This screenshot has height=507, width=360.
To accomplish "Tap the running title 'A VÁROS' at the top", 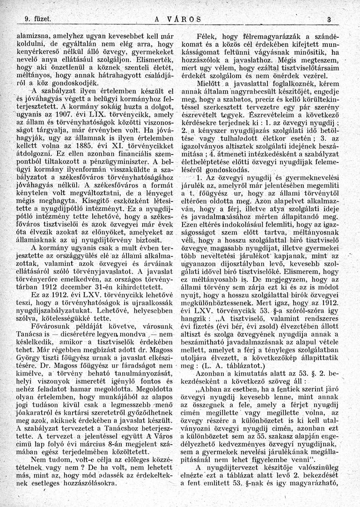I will tap(177, 20).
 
